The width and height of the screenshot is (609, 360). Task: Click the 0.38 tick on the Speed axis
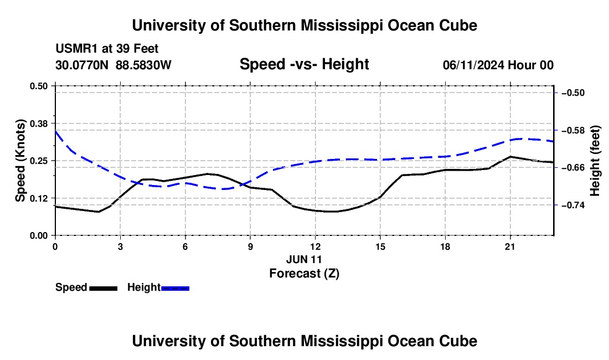point(39,124)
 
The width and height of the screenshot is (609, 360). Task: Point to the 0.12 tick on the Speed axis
point(39,198)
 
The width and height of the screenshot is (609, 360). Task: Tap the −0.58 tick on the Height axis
point(573,130)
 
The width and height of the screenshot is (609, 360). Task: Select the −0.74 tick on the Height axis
point(573,205)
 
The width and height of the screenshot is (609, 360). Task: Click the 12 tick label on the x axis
point(316,246)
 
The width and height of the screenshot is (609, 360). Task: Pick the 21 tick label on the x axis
point(510,246)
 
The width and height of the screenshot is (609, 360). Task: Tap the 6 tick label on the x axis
point(185,246)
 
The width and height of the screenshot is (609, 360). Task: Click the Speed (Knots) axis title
point(20,161)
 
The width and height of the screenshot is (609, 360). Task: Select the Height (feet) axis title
point(595,161)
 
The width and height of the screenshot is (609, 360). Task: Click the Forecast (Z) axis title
point(304,274)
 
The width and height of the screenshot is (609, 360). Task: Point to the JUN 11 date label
point(304,259)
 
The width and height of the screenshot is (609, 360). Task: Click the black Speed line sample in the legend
point(104,288)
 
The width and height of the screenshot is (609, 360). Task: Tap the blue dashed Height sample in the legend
point(175,288)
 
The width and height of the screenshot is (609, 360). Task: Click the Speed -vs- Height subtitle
point(304,64)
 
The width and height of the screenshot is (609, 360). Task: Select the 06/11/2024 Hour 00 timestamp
point(498,65)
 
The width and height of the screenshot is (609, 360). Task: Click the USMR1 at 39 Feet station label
point(107,49)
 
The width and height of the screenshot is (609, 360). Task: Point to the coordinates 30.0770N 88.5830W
point(113,65)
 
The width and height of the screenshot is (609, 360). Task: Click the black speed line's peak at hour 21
point(510,157)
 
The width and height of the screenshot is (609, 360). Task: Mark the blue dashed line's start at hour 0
point(55,130)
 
